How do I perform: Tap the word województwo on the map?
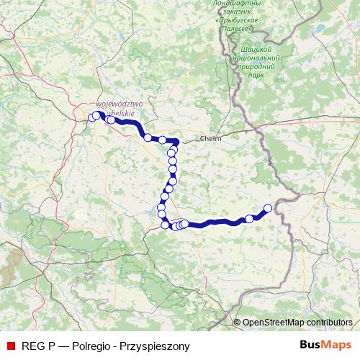[x=120, y=104]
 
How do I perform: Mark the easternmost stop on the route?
[x=268, y=208]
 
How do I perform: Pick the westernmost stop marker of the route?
[x=91, y=117]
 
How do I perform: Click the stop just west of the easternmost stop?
[x=250, y=218]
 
